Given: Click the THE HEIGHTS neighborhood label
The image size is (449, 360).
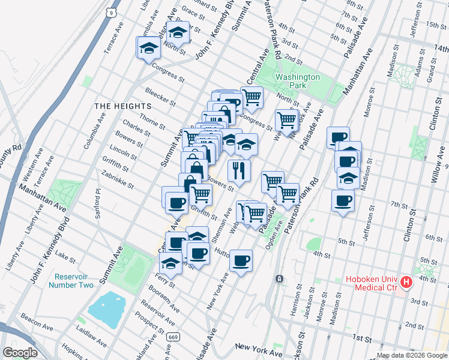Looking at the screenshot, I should click(122, 106).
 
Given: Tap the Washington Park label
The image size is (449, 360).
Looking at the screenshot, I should click(298, 82).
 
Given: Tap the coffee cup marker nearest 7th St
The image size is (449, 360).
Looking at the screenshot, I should click(343, 201).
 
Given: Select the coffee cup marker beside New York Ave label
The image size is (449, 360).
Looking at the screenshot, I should click(241, 261).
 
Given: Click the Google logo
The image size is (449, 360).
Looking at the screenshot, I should click(20, 352).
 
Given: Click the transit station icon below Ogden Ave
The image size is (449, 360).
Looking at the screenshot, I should click(279, 279).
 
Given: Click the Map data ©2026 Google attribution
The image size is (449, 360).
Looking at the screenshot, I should click(411, 355).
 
